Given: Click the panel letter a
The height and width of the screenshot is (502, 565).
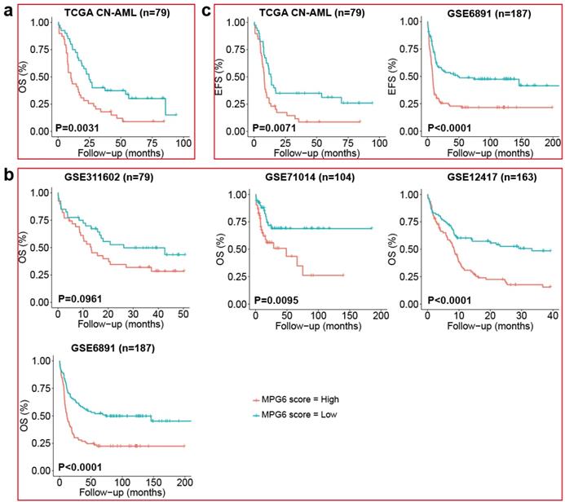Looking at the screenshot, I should (7, 12).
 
